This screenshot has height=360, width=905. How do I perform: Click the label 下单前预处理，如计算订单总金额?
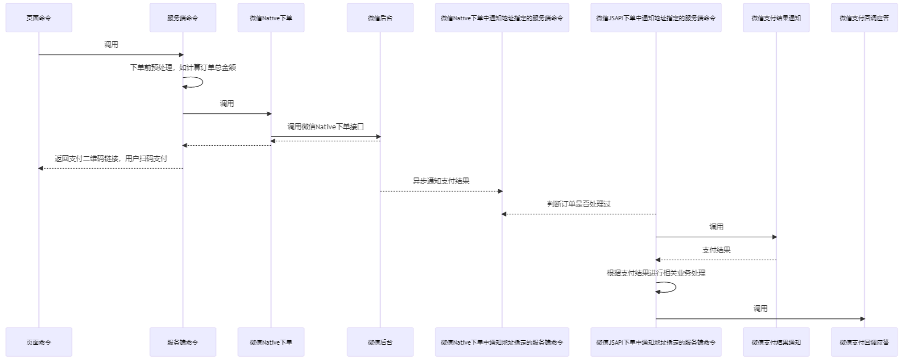coord(183,67)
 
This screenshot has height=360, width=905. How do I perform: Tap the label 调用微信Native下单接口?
coord(326,127)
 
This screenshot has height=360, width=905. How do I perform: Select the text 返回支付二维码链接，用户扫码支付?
coord(111,158)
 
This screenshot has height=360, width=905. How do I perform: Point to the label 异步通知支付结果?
coord(441,181)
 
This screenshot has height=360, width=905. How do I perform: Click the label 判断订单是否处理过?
coord(579,204)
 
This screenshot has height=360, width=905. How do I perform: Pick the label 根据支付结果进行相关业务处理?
coord(656,273)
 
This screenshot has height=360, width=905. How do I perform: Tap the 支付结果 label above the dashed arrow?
coord(716,250)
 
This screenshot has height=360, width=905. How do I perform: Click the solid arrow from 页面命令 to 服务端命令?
coord(111,55)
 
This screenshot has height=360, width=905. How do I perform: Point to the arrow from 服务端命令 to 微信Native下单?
coord(227,114)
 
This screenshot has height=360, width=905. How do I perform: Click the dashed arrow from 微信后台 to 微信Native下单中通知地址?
coord(441,191)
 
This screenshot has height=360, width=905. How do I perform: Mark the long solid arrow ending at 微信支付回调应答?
coord(760,319)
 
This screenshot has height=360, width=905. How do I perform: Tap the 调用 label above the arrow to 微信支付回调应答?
coord(760,308)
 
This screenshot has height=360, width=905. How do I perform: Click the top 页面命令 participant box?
coord(39,18)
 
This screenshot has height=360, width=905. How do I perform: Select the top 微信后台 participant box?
coord(380,18)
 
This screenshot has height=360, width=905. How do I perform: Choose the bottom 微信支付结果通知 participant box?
coord(776,342)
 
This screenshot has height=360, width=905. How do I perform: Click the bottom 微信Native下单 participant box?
coord(271,342)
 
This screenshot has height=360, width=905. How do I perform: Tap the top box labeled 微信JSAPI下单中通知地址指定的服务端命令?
coord(656,18)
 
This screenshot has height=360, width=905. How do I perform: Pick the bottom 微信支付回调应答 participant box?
coord(864,342)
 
